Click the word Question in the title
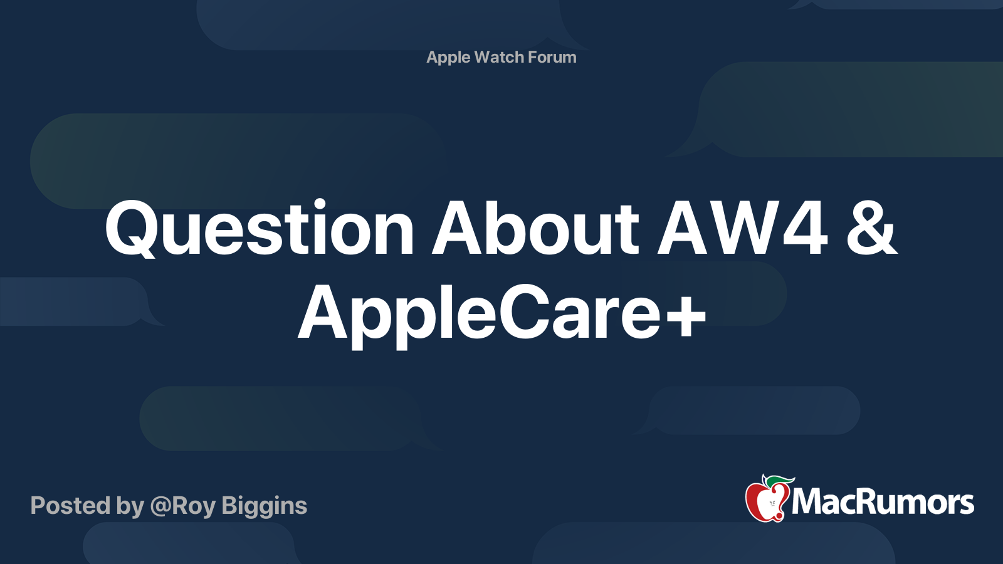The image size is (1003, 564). click(259, 229)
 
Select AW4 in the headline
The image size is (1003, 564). click(742, 229)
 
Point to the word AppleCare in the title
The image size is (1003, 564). click(477, 313)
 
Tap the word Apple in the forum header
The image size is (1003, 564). click(448, 58)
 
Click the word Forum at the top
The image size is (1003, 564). click(552, 57)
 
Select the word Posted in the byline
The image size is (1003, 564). click(70, 506)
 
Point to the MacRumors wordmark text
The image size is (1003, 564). click(883, 503)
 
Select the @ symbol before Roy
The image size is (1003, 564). click(160, 506)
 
